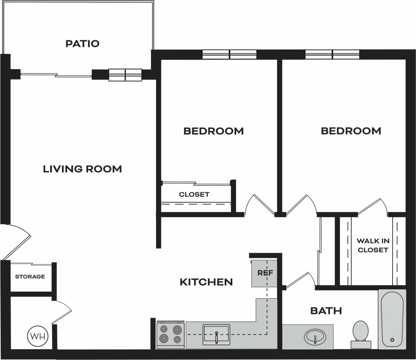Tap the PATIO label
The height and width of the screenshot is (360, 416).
point(82,44)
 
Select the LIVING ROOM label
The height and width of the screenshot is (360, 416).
point(82,169)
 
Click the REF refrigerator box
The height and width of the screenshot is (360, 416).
point(265,273)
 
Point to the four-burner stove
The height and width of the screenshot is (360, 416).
point(171,335)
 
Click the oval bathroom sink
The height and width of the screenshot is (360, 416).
point(315,338)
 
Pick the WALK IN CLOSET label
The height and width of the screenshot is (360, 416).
point(372,245)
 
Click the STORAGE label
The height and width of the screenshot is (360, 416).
point(30,277)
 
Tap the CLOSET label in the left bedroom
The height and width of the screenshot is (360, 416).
point(194,195)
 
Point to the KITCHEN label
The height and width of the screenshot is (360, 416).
point(206,282)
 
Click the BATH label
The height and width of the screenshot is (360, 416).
point(326,310)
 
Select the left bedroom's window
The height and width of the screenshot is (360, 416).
point(229,54)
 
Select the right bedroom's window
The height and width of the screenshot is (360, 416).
point(332,54)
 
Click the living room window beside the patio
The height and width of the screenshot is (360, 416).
point(125,75)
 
